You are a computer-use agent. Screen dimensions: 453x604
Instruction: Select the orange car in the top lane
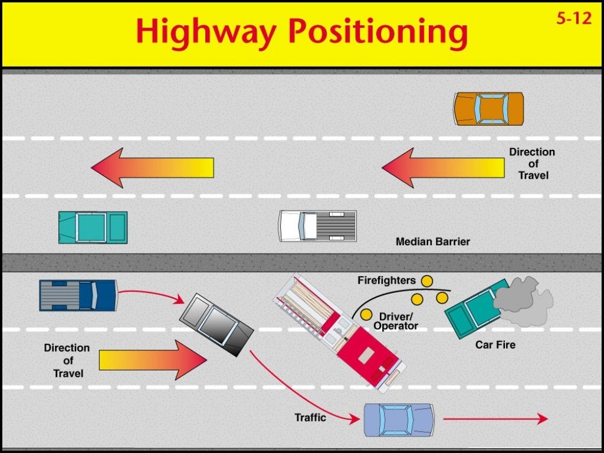point(488,109)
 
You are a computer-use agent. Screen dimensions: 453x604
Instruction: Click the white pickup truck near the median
point(317,226)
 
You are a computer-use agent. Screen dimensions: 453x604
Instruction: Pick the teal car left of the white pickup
point(93,227)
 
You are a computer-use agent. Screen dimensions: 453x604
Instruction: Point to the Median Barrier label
point(433,242)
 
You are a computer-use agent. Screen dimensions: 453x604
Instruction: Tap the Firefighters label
point(386,281)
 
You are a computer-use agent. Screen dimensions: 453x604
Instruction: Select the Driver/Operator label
point(396,321)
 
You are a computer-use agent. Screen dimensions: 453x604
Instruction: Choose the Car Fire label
point(495,344)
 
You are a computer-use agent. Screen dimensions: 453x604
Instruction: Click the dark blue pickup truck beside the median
point(78,295)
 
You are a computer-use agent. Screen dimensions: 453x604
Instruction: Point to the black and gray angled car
point(216,324)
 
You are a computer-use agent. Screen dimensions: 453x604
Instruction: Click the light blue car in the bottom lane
point(399,419)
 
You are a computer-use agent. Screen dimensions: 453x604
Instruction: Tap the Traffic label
point(310,418)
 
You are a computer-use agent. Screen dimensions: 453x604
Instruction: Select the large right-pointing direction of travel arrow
point(153,360)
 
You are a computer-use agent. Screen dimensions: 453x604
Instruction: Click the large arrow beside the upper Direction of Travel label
point(443,168)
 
